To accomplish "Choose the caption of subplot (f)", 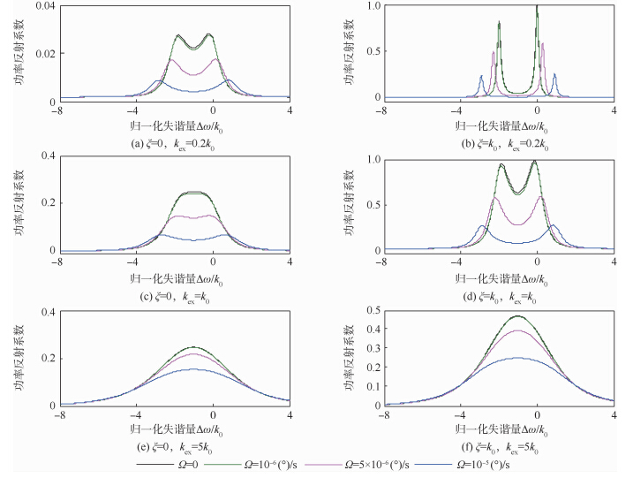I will click(499, 448).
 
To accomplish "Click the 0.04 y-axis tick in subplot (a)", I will click(42, 6).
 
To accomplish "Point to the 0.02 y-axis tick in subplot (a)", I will click(42, 54).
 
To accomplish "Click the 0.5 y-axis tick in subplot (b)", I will click(373, 52).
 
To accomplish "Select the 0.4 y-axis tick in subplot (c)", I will click(46, 157).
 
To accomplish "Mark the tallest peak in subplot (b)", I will click(537, 7).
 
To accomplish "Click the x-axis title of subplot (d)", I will click(498, 276).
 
